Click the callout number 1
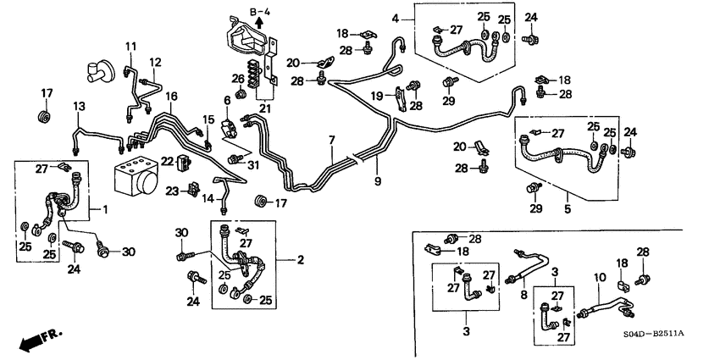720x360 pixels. [x=106, y=209]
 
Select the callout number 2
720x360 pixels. [x=299, y=260]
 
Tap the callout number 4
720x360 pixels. [x=396, y=18]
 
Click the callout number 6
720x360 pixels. [x=227, y=101]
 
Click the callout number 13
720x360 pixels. [x=79, y=106]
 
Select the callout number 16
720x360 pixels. [x=172, y=96]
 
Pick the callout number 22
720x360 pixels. [x=168, y=162]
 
